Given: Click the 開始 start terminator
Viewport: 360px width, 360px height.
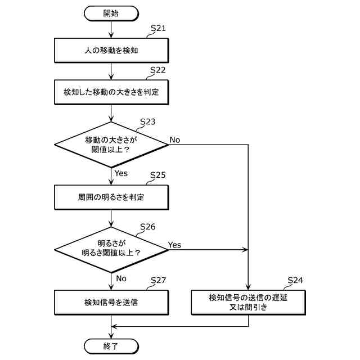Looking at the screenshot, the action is pos(111,13).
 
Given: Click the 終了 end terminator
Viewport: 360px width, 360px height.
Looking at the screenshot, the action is pos(111,346).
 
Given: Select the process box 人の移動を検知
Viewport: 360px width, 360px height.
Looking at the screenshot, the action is pos(111,50).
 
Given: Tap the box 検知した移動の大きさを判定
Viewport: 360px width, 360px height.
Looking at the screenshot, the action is pos(111,92).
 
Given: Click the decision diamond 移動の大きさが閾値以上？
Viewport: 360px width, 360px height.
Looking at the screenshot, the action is pos(111,145).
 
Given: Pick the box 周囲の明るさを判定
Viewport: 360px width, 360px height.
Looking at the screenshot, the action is pos(111,197).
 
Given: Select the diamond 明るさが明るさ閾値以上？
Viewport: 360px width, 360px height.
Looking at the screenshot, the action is pos(111,250).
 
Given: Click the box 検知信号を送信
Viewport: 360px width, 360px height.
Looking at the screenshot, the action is pos(111,303).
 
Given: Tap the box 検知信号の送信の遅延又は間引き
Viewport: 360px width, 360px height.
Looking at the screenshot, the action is pos(249,303).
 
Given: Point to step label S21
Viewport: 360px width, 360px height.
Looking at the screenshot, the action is pos(158,28).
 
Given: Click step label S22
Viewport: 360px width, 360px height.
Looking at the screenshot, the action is pos(158,70).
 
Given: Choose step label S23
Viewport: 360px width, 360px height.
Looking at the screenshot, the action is pos(148,121).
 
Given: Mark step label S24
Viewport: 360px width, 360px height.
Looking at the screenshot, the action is pos(295,280).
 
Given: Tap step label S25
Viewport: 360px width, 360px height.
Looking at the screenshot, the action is pos(158,175).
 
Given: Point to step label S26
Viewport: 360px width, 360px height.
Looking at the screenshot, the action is pos(148,227).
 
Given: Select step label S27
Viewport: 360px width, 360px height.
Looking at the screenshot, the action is pos(158,280).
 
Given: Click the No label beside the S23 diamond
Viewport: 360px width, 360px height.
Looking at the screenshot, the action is pos(175,140).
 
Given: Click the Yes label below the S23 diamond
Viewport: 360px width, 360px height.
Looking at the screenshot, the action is pos(121,173).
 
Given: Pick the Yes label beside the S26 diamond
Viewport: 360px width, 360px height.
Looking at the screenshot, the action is pos(174,245).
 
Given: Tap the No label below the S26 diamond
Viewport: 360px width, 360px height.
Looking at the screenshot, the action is pos(121,278).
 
